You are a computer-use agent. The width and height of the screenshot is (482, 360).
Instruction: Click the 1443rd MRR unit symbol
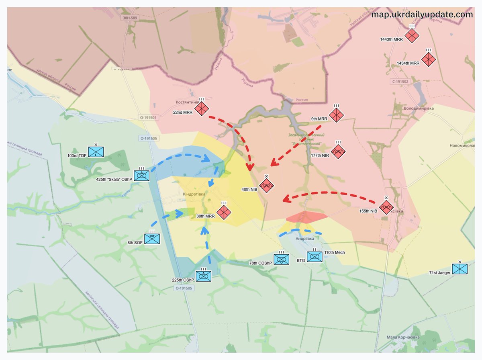point(412,36)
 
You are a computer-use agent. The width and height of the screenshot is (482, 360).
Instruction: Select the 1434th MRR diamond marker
point(429,59)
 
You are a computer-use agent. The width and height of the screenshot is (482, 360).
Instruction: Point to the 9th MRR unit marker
point(336,115)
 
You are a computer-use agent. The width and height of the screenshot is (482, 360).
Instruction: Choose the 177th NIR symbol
point(338,151)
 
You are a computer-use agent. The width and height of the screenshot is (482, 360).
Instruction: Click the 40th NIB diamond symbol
point(266,186)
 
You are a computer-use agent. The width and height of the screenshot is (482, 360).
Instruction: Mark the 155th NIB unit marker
point(386,207)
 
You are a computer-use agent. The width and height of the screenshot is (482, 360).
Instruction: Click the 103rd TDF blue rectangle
point(96,151)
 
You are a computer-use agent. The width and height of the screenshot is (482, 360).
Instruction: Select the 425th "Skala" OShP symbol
point(141,175)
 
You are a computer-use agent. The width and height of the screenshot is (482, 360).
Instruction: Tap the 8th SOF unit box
point(152,239)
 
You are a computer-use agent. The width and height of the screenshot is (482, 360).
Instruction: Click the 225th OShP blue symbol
point(203,276)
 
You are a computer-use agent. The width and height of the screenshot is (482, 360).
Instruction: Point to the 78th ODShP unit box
point(281,259)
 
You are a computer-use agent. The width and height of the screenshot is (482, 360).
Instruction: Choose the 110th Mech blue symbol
point(315,256)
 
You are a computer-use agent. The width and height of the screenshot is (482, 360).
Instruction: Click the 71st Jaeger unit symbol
point(460,269)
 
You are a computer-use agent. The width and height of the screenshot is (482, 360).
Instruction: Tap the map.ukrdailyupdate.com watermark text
point(422,14)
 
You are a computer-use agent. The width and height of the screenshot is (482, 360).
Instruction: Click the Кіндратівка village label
point(194,194)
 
